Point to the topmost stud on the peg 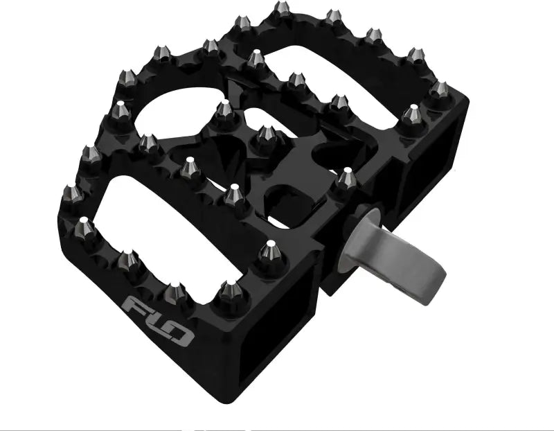pyautogui.click(x=282, y=9)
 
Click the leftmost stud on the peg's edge pyautogui.click(x=72, y=194)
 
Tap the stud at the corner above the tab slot pyautogui.click(x=269, y=252)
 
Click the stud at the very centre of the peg pyautogui.click(x=265, y=138)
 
